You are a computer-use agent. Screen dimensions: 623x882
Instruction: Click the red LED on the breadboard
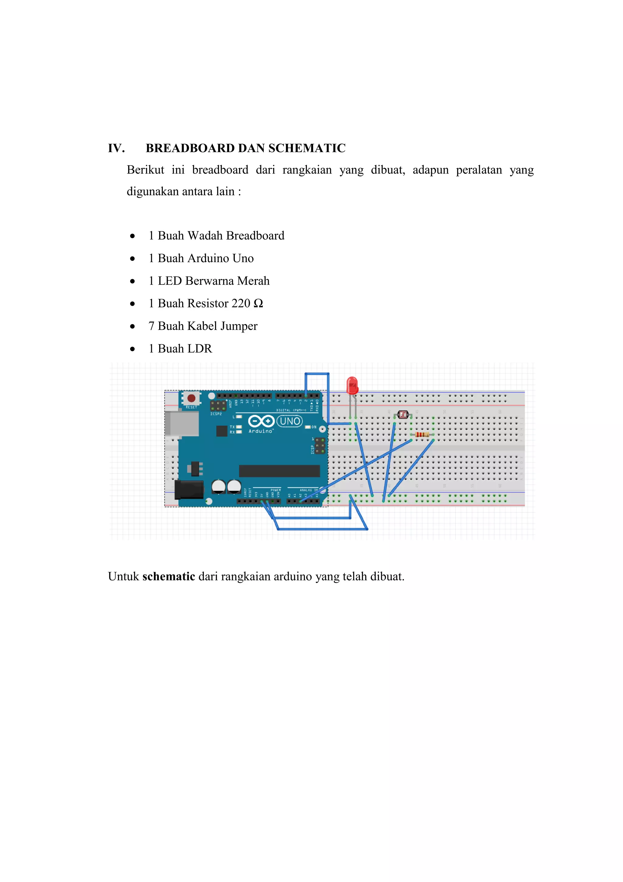point(352,385)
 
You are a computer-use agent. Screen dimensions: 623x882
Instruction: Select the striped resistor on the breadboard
point(422,434)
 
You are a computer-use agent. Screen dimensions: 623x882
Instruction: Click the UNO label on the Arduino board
point(290,421)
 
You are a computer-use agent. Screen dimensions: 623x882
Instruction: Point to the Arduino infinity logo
point(261,421)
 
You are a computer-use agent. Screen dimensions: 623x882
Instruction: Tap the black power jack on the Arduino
point(189,489)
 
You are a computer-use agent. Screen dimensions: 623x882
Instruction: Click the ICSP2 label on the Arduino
point(216,414)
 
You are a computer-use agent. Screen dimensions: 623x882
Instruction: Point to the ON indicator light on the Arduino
point(308,427)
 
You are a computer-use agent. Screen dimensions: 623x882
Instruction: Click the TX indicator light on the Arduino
point(239,427)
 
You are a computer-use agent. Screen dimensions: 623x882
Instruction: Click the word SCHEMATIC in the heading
point(307,148)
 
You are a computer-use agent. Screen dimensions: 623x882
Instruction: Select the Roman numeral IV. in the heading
point(116,148)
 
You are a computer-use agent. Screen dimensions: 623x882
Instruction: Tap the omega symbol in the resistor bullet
point(258,304)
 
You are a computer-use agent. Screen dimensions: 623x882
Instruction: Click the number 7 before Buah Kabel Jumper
point(151,326)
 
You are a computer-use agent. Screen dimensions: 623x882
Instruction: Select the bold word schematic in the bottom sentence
point(169,576)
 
